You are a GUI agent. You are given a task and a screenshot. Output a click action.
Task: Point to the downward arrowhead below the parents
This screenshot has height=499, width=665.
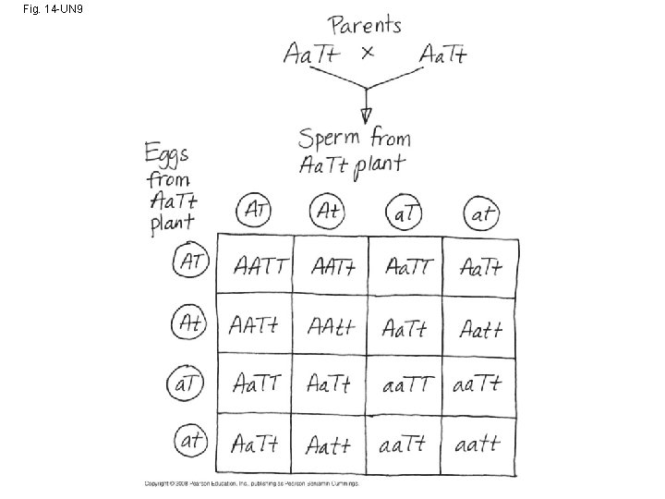coord(367,114)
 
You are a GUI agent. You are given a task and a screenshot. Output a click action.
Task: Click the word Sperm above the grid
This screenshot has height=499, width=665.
coord(330,140)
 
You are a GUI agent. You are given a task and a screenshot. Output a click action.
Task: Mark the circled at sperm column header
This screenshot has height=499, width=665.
coord(481,215)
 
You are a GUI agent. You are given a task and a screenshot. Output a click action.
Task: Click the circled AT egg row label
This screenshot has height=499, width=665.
coord(190,262)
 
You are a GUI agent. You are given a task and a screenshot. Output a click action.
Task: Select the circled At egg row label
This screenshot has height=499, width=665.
coord(189,323)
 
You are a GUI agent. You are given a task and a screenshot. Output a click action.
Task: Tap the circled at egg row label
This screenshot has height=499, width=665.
coord(190,442)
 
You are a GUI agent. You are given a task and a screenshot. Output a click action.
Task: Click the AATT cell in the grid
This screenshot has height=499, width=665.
coord(260,268)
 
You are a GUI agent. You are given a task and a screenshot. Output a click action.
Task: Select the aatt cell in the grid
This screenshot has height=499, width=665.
coord(478,444)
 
